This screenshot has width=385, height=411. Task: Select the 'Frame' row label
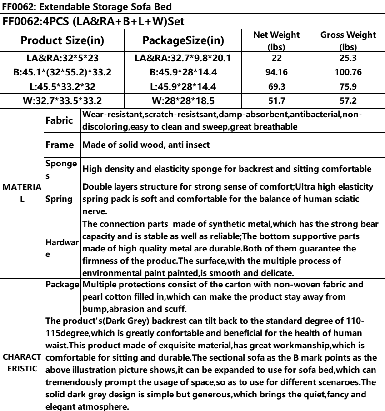click(61, 145)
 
